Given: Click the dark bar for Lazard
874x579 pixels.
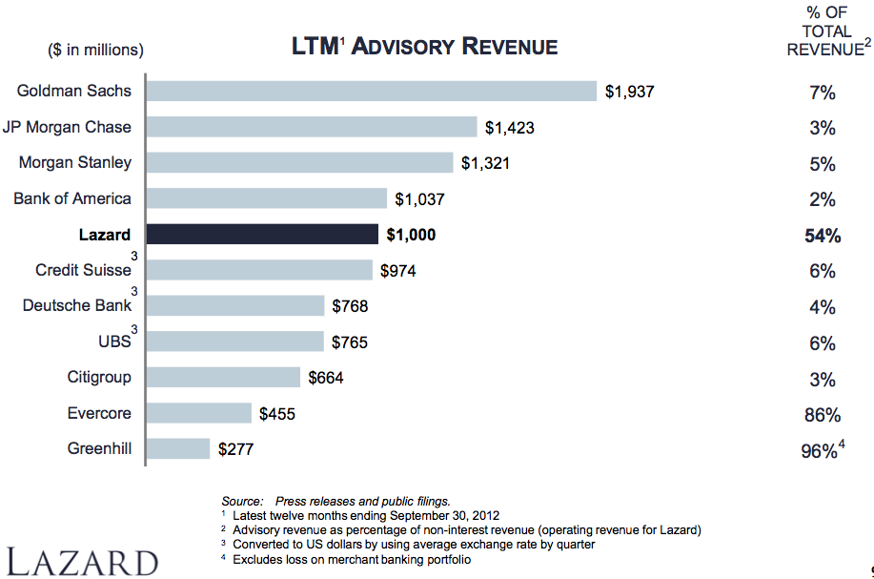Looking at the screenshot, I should tap(264, 235).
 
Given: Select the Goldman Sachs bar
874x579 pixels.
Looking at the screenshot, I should tap(372, 92).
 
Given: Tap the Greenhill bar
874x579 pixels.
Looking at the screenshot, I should tap(178, 448).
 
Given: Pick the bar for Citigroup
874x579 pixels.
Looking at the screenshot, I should tap(224, 378).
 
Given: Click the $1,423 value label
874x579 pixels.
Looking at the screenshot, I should tap(510, 128).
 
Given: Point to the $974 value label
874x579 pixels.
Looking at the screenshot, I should tap(397, 271).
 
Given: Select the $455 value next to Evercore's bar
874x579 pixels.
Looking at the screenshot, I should tap(276, 413).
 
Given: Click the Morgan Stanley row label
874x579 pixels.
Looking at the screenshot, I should tap(75, 163).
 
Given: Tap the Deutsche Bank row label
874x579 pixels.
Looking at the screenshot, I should tap(77, 306).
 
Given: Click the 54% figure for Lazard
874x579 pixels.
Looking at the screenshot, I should tap(823, 236).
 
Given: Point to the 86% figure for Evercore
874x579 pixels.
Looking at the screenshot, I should tap(822, 415).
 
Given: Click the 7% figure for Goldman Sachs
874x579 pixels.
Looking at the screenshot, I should tap(822, 93).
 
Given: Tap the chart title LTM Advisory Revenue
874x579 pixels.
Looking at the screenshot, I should tap(424, 46).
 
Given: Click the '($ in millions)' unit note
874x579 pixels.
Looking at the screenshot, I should tap(95, 50).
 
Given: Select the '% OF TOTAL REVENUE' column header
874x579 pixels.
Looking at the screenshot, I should tap(825, 32).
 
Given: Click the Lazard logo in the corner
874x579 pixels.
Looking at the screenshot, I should tap(82, 561).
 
